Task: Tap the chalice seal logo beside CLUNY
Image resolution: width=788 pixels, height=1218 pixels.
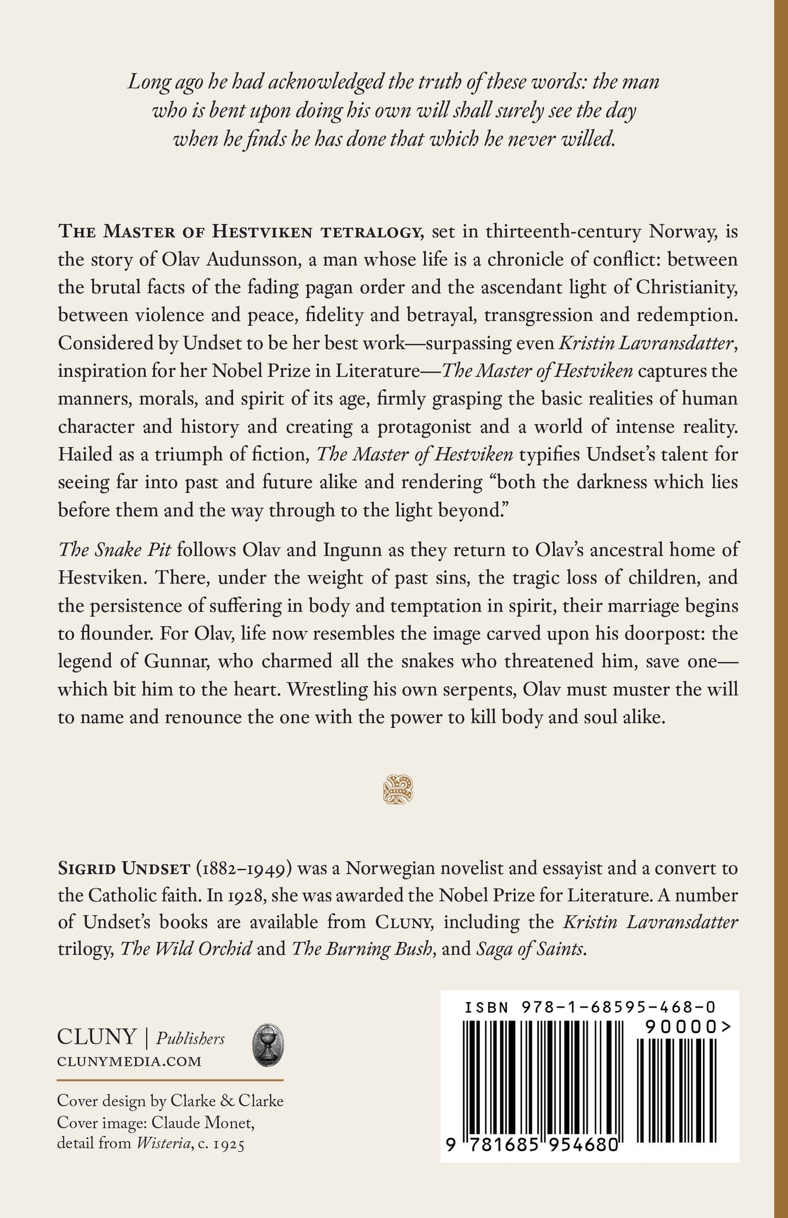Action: pyautogui.click(x=268, y=1046)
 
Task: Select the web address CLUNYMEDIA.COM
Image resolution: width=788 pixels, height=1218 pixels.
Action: pyautogui.click(x=129, y=1062)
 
